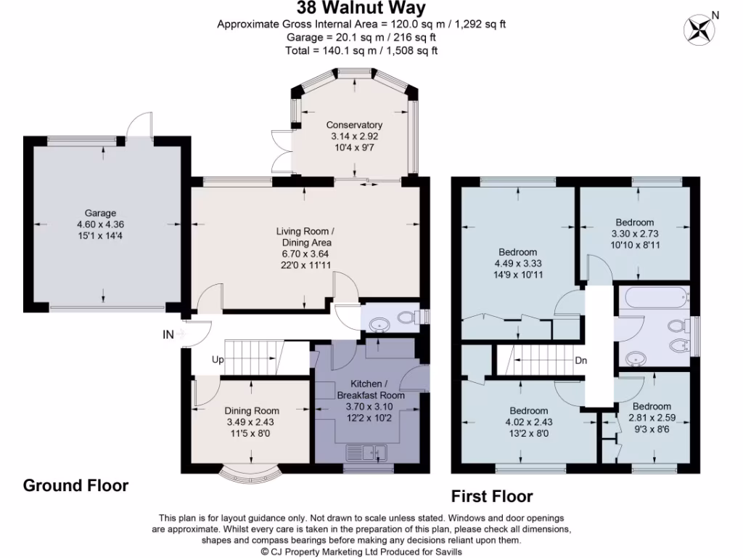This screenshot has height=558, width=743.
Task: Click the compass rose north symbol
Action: pyautogui.click(x=701, y=28)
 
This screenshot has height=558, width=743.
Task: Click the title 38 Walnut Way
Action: pyautogui.click(x=361, y=9)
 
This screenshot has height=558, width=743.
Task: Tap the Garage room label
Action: pyautogui.click(x=102, y=213)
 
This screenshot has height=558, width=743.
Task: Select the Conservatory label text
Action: pyautogui.click(x=354, y=124)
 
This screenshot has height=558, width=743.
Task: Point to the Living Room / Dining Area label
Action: pyautogui.click(x=304, y=237)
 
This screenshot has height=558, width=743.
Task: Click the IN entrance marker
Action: pyautogui.click(x=169, y=334)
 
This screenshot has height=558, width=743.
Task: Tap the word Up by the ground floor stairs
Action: pyautogui.click(x=218, y=360)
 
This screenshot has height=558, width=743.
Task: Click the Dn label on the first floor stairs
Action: pyautogui.click(x=580, y=360)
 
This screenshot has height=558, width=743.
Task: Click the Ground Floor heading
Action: pyautogui.click(x=75, y=485)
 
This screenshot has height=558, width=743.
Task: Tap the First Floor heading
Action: pyautogui.click(x=492, y=496)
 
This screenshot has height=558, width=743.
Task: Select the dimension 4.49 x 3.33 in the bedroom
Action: pyautogui.click(x=518, y=264)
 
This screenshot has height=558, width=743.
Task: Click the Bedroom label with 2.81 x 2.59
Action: pyautogui.click(x=651, y=406)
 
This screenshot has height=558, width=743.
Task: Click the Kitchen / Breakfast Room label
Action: pyautogui.click(x=370, y=389)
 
